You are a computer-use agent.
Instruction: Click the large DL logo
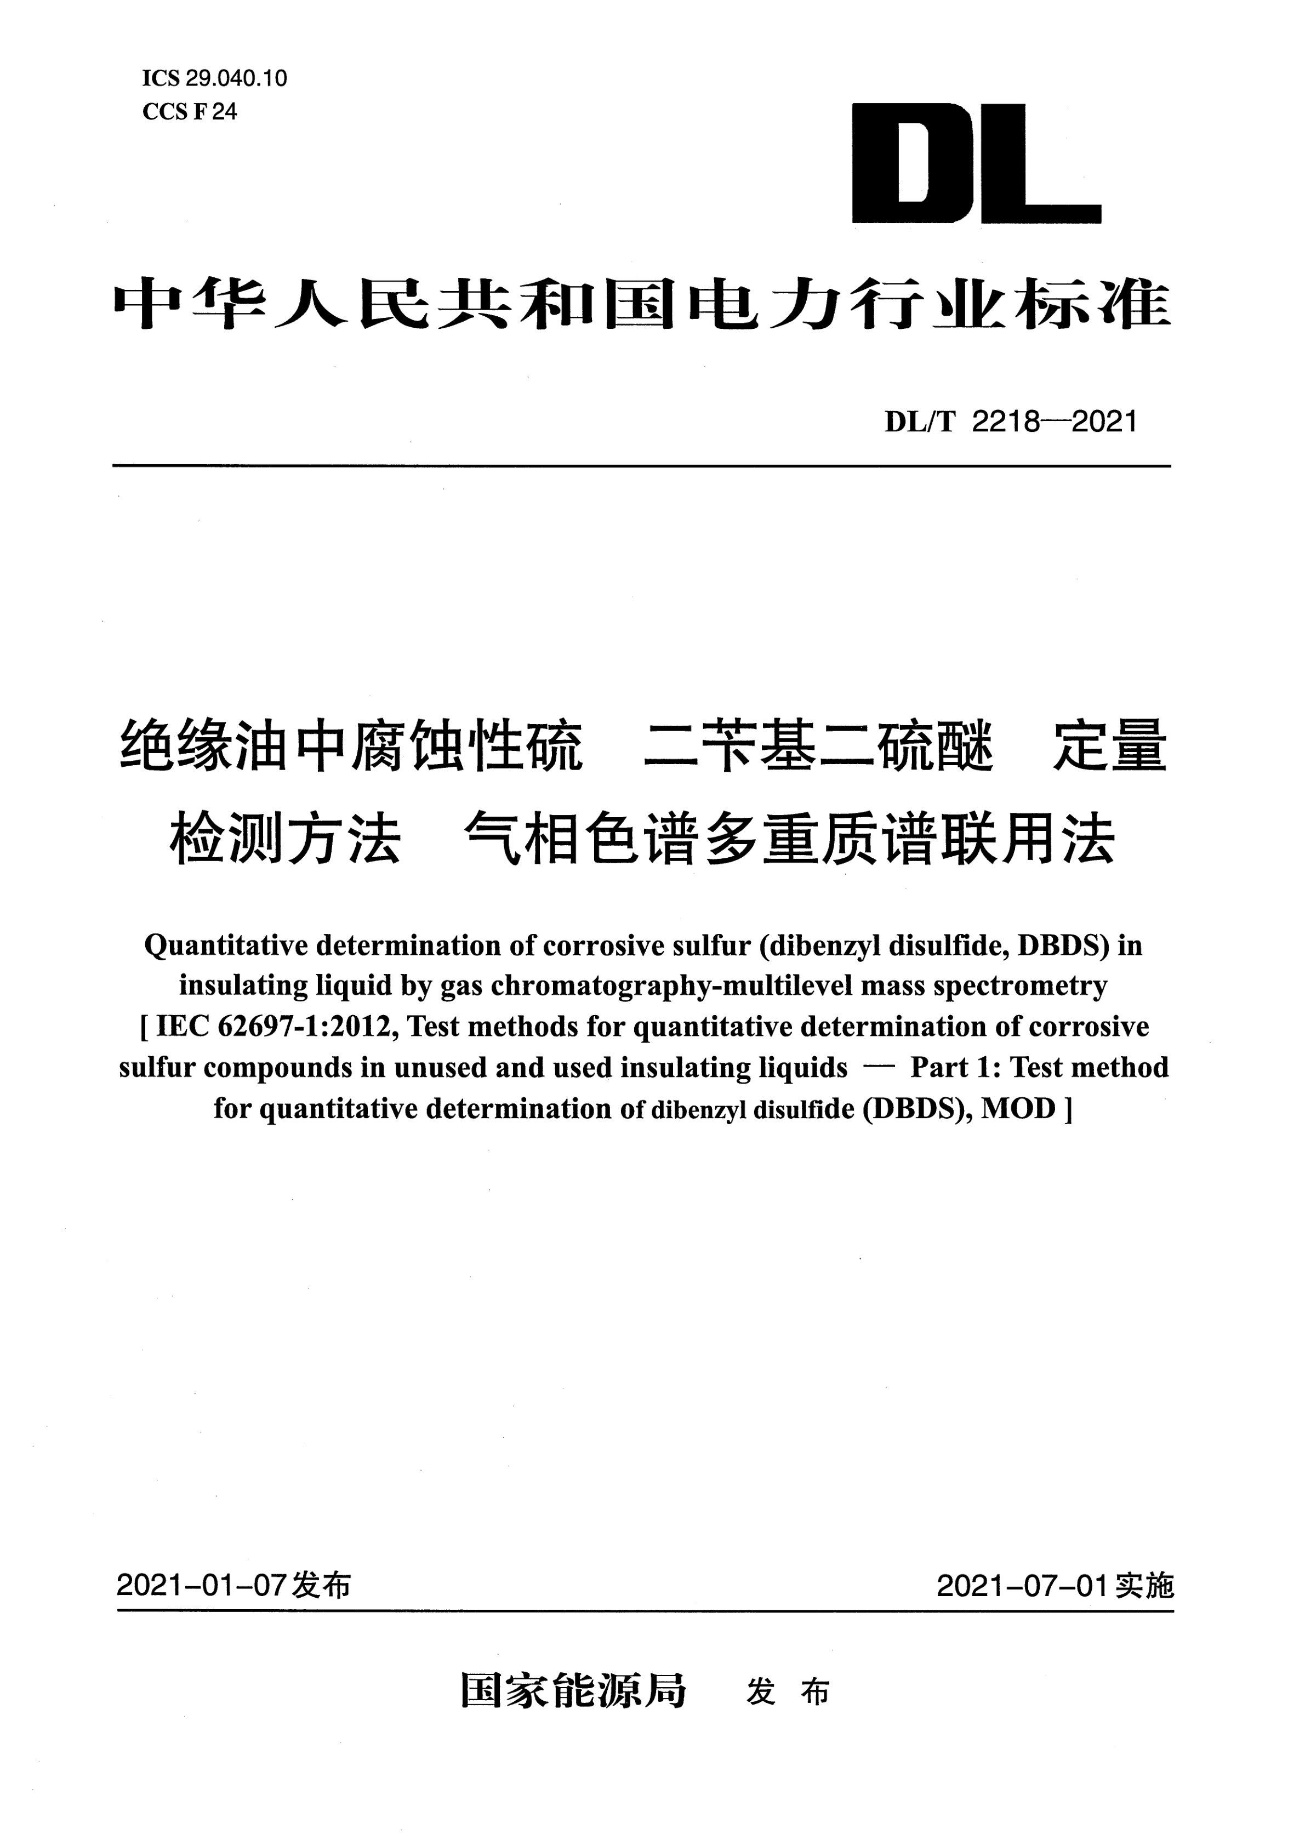tap(976, 163)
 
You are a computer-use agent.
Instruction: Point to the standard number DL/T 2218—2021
tap(1010, 421)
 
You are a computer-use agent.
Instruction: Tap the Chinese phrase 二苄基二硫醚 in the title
tap(818, 747)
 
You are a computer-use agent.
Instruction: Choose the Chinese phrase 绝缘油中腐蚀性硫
tap(351, 747)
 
